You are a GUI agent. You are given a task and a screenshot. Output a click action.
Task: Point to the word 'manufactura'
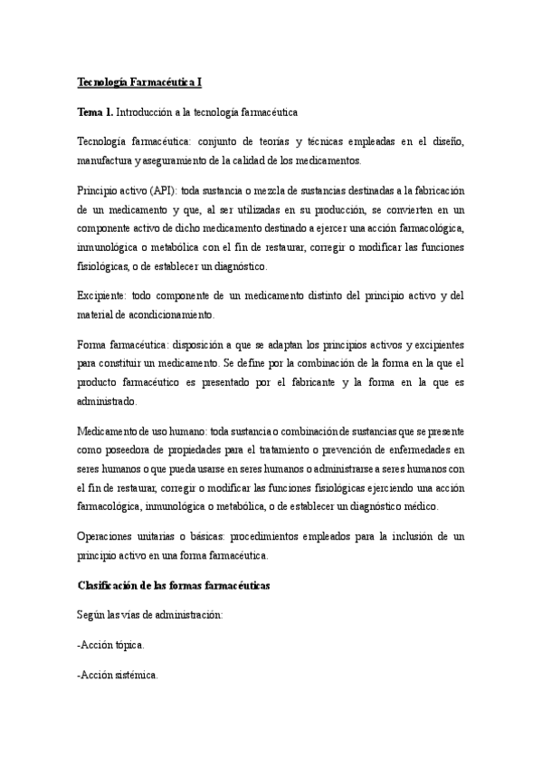click(107, 160)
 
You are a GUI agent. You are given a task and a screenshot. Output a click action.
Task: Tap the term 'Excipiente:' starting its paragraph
click(103, 295)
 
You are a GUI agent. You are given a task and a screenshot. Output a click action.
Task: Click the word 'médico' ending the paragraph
click(418, 507)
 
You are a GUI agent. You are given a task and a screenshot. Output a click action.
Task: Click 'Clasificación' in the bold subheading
click(113, 586)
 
